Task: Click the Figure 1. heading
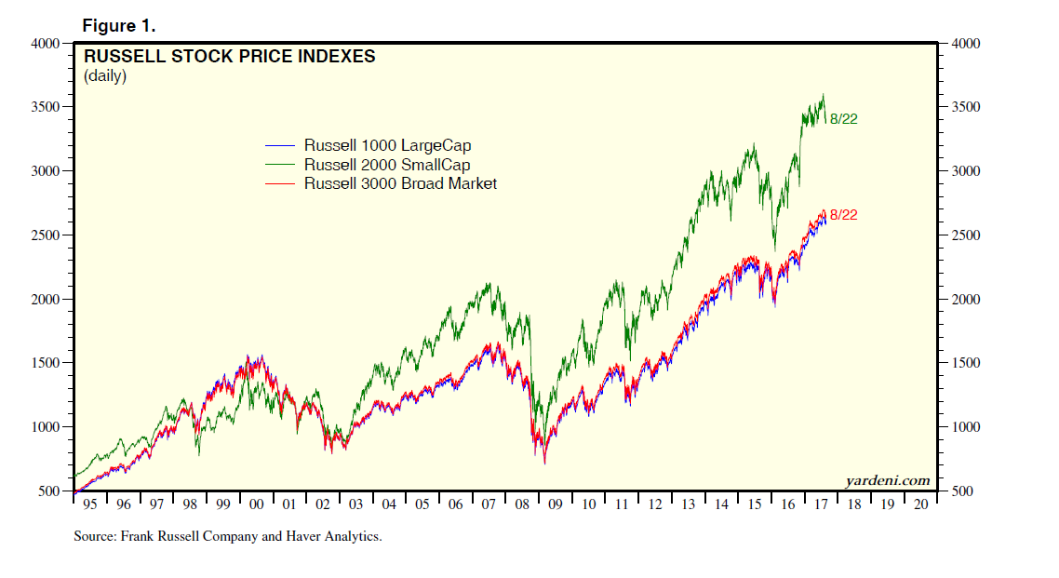[x=118, y=23]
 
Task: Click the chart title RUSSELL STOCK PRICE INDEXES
[x=230, y=57]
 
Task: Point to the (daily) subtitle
[x=105, y=76]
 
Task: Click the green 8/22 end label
[x=843, y=119]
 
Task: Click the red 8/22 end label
[x=843, y=215]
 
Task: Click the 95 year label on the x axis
[x=90, y=504]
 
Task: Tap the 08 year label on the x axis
[x=522, y=504]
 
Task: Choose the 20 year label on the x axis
[x=920, y=504]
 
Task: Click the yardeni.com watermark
[x=887, y=480]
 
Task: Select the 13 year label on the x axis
[x=688, y=504]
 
